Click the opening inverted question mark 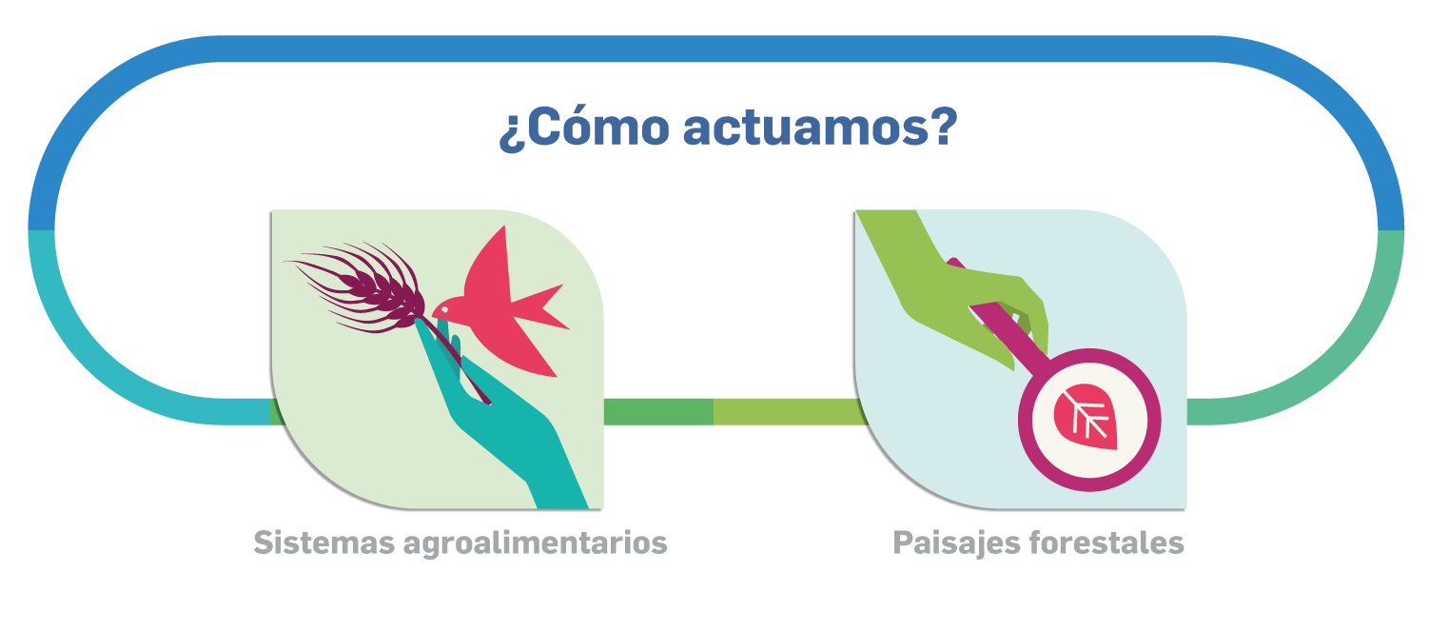(510, 133)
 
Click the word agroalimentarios (535, 543)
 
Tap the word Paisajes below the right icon (955, 543)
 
